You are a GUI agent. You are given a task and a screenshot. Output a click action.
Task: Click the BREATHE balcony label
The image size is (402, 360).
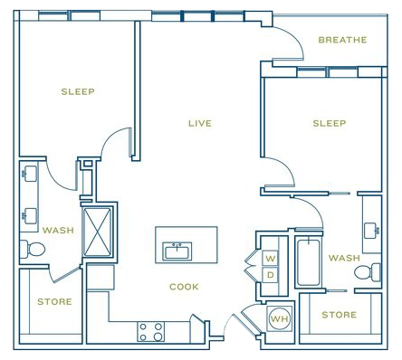pos(342,40)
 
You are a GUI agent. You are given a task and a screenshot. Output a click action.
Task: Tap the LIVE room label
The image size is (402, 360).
pos(200,123)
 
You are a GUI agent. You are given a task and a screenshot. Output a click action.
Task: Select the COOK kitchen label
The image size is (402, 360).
pos(184,287)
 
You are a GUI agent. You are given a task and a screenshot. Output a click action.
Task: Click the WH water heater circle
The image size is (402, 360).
pos(280,318)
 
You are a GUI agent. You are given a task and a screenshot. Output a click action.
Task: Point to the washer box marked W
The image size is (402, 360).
pos(271,258)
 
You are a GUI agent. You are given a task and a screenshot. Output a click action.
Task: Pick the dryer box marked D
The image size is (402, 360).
pos(271,275)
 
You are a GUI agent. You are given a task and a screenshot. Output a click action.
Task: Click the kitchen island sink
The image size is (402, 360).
pos(177,251)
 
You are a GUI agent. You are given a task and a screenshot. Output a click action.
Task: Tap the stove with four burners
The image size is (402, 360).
pos(150,332)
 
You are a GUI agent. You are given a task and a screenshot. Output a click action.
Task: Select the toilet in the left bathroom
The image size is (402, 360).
pos(33,249)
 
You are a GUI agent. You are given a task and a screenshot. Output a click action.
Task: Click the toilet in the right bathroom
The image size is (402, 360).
pos(368,272)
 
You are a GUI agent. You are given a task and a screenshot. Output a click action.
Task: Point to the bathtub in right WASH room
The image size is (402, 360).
pos(309,262)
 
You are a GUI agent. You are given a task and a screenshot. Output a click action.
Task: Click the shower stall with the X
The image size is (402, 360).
pos(97,232)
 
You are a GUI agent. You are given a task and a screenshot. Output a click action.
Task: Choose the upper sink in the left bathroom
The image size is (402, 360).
pos(30,174)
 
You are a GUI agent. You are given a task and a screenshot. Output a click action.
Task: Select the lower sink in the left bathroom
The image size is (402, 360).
pos(30,216)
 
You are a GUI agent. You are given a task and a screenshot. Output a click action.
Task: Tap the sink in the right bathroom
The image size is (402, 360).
pos(371,231)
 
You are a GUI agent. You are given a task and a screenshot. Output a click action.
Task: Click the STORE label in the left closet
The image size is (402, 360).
pos(54,301)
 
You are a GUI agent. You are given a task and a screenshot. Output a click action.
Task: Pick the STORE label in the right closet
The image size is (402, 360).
pos(340,315)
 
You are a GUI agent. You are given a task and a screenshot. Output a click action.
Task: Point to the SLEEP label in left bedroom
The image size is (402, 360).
pos(78,91)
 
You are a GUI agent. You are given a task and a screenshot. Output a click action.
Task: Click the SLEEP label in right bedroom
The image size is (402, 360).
pos(330,123)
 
